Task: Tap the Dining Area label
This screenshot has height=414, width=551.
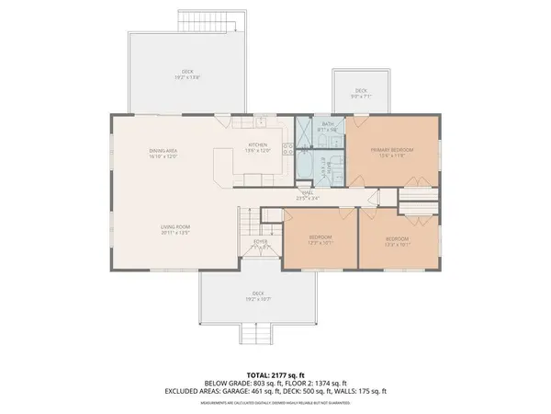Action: [163, 154]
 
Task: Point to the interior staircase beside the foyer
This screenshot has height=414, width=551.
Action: [246, 221]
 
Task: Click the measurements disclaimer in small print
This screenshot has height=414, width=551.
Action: [275, 401]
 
